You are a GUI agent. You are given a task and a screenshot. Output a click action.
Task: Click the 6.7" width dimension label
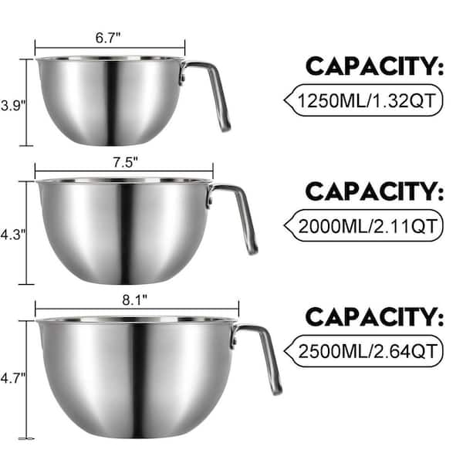pyautogui.click(x=108, y=38)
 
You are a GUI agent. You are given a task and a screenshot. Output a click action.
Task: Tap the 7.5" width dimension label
pyautogui.click(x=126, y=162)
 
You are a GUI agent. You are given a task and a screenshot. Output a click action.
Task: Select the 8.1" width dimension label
pyautogui.click(x=134, y=300)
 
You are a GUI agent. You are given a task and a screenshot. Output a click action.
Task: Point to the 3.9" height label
pyautogui.click(x=13, y=106)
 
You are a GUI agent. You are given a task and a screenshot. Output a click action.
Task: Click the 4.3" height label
pyautogui.click(x=13, y=235)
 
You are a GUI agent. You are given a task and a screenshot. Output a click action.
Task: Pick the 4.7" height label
pyautogui.click(x=13, y=378)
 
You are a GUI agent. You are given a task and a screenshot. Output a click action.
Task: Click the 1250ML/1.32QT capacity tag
pyautogui.click(x=363, y=100)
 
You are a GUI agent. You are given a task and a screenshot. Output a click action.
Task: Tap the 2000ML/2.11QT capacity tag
pyautogui.click(x=363, y=226)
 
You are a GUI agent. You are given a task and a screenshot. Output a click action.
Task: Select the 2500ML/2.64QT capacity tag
pyautogui.click(x=363, y=351)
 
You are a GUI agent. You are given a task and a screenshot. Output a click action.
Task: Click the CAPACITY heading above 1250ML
pyautogui.click(x=374, y=66)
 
